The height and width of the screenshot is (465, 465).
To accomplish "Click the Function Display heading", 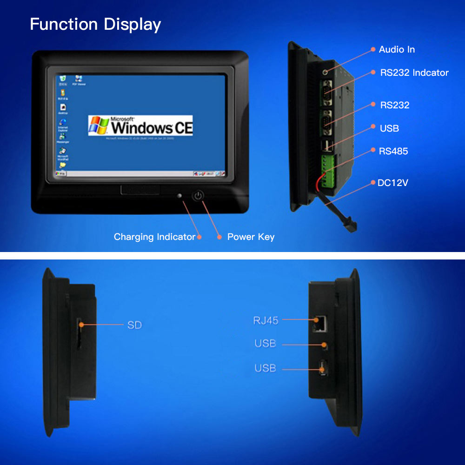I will click(x=95, y=24).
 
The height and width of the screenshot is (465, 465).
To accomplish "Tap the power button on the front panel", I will click(x=199, y=196).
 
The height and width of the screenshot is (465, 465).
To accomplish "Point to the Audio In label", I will click(x=397, y=49).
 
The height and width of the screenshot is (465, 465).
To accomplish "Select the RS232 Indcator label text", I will click(x=414, y=73).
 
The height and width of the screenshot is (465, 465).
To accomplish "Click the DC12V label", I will click(x=392, y=183).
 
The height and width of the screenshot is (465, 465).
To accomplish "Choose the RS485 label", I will click(x=394, y=151).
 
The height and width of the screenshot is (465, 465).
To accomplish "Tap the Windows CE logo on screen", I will click(x=140, y=126).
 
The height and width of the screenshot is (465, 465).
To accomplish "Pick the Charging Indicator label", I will click(x=154, y=237).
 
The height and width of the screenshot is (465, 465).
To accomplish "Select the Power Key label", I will click(x=251, y=237).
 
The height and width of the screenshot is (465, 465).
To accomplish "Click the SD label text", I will click(x=134, y=325).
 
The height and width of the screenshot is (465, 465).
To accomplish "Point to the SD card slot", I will click(x=79, y=334).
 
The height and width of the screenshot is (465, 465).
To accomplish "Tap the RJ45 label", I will click(x=266, y=320).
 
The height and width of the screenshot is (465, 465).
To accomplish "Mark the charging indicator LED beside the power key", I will click(x=180, y=196).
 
